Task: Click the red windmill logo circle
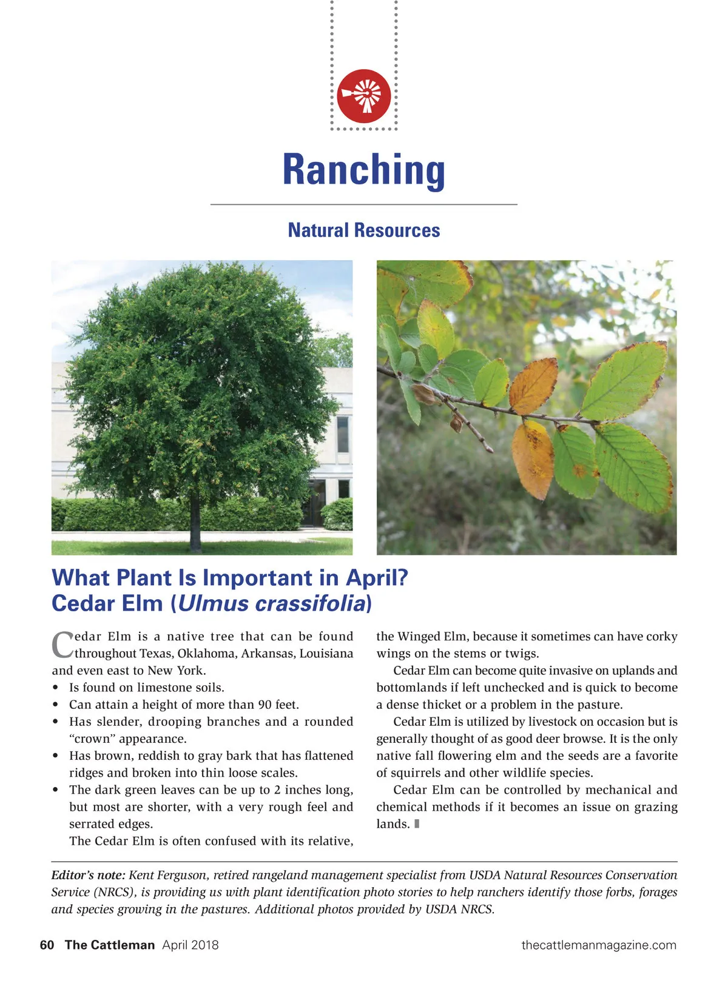[363, 96]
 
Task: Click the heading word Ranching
[363, 170]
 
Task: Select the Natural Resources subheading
[364, 230]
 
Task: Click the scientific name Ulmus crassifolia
[272, 603]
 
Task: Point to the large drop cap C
[62, 645]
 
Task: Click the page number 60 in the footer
[47, 945]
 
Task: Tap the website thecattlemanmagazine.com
[599, 945]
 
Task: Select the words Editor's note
[89, 874]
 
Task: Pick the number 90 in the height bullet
[265, 704]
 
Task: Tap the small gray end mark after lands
[417, 823]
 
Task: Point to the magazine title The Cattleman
[110, 945]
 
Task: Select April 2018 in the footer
[190, 945]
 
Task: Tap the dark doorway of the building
[317, 503]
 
